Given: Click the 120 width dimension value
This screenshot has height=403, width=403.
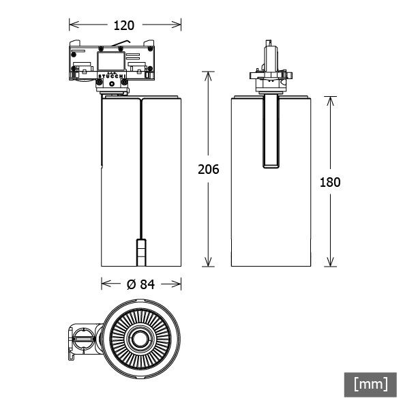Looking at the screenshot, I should coord(124,25).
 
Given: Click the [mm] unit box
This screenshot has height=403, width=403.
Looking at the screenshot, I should coord(370,383).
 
